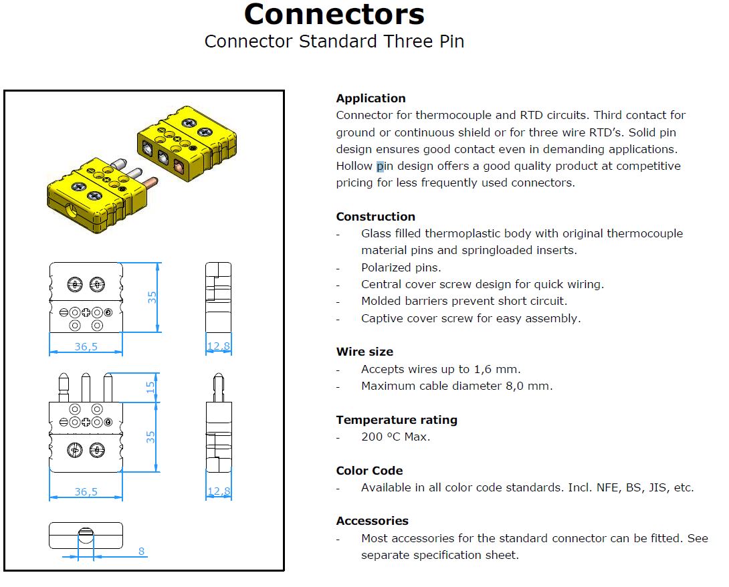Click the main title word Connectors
click(334, 14)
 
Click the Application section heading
click(371, 98)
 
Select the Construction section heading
click(375, 217)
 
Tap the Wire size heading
click(364, 352)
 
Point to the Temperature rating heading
click(397, 420)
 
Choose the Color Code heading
click(369, 471)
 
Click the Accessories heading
click(372, 521)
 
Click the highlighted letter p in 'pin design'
click(380, 166)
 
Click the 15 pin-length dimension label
click(150, 386)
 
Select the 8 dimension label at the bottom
click(141, 551)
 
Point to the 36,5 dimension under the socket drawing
click(86, 347)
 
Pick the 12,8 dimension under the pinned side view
click(219, 491)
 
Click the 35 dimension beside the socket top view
click(152, 297)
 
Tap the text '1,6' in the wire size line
click(482, 370)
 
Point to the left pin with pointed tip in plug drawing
click(64, 387)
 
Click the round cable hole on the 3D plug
click(72, 211)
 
